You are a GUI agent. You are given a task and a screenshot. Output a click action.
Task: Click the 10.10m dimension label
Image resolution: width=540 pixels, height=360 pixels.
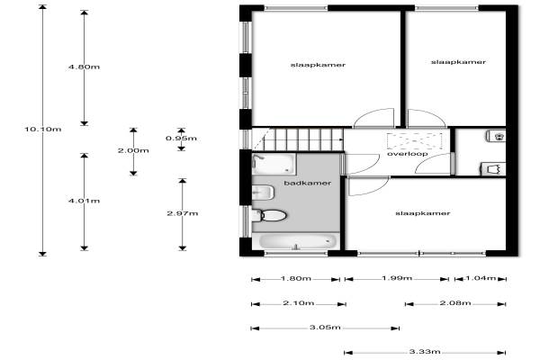(43, 130)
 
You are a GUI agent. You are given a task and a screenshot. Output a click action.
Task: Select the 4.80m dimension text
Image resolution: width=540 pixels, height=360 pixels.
(84, 67)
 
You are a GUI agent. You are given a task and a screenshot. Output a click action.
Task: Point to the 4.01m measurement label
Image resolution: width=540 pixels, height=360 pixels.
(84, 201)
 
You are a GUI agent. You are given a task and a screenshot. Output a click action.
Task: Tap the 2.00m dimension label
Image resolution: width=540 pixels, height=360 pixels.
(133, 150)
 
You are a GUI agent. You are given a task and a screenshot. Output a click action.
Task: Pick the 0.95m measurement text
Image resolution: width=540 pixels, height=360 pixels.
(181, 139)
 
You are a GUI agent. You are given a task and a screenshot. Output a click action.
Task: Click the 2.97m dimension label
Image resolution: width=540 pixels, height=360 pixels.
(183, 213)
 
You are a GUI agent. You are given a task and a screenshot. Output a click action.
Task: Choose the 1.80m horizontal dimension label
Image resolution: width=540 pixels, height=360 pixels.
(296, 278)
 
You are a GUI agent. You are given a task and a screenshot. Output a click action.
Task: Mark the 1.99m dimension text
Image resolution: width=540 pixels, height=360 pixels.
(397, 278)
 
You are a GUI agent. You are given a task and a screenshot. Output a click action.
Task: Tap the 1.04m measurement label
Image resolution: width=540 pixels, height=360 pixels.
(481, 278)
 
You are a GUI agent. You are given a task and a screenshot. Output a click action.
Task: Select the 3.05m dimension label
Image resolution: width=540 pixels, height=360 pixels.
(325, 328)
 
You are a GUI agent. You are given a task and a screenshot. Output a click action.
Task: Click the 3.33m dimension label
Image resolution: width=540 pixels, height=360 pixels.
(425, 352)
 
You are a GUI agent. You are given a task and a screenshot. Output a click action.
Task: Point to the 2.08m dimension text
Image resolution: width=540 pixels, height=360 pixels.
(455, 303)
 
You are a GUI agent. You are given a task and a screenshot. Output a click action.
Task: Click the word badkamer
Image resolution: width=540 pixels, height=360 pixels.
(308, 183)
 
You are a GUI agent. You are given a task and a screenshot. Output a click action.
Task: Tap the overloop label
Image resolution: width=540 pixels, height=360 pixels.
(408, 154)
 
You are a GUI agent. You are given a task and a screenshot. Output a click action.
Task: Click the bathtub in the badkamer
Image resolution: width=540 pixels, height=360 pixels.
(296, 241)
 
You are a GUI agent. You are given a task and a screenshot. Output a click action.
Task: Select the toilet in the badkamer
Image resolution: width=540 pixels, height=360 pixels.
(269, 216)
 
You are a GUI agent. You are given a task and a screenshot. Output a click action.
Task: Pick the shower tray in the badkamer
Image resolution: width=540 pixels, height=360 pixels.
(274, 164)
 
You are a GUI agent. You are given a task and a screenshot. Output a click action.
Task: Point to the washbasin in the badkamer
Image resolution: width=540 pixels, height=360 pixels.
(263, 193)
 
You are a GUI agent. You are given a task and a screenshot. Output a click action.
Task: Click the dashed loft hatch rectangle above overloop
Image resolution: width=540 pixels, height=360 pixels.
(414, 141)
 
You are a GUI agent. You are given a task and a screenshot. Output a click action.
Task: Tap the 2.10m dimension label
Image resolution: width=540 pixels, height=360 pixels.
(299, 303)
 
